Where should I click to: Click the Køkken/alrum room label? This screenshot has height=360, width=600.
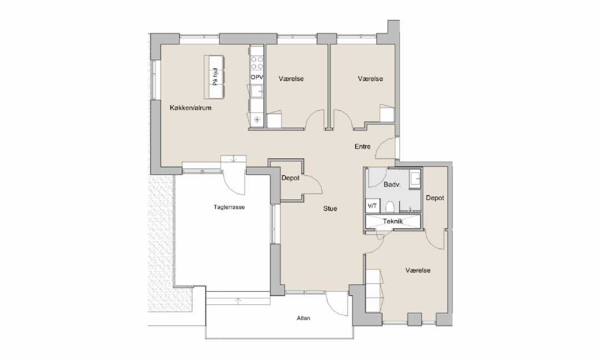click(x=190, y=108)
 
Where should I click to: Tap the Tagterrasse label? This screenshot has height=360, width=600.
click(x=229, y=207)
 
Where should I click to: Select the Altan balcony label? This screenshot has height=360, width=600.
click(x=303, y=318)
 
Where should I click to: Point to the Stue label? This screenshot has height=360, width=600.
click(x=330, y=208)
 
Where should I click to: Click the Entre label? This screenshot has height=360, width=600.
click(x=362, y=147)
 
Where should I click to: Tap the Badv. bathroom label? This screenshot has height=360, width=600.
click(x=392, y=184)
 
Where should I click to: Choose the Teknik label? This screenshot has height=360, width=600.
click(x=393, y=221)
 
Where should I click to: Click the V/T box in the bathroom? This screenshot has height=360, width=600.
click(x=372, y=206)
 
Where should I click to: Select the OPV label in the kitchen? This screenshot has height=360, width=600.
click(x=257, y=77)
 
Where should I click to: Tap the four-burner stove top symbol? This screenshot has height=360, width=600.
click(x=257, y=63)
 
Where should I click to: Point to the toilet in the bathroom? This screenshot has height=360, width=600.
click(x=390, y=207)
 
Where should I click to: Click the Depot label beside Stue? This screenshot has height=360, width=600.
click(x=291, y=178)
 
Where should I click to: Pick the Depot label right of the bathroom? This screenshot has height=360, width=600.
click(x=435, y=198)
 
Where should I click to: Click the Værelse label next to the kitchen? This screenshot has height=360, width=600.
click(x=291, y=79)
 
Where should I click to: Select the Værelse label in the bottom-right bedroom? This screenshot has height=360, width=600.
click(x=418, y=271)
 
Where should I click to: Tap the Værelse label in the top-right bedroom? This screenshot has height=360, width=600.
click(x=371, y=79)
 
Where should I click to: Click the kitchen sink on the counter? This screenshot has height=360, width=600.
click(x=257, y=91)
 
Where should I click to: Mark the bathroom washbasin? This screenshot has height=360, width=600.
click(x=415, y=178)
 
